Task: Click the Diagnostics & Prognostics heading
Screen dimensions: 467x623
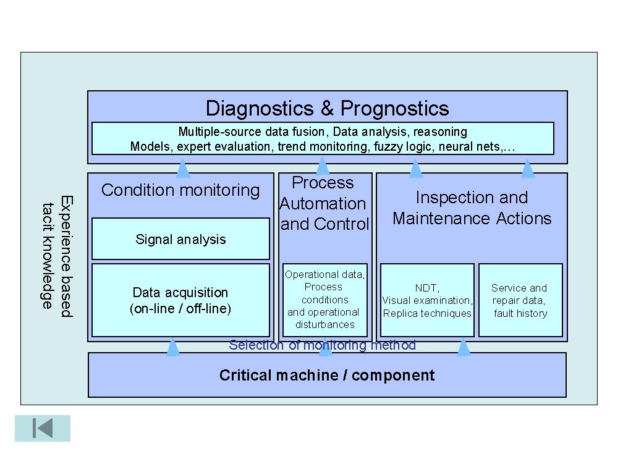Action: coord(327,109)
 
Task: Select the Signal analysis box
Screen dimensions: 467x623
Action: coord(180,240)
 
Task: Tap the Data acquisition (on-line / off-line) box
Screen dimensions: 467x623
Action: coord(180,300)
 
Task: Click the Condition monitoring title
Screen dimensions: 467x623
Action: coord(180,190)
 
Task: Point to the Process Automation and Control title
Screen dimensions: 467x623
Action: coord(324,203)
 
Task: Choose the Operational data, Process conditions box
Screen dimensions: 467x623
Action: coord(324,300)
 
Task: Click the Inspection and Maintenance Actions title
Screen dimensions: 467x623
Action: coord(472,208)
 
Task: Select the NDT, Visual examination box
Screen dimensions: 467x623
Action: coord(427,300)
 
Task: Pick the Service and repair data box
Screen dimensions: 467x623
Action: coord(520,300)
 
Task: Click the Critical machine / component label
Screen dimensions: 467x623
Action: coord(327,376)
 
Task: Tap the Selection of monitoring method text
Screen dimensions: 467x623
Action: coord(322,345)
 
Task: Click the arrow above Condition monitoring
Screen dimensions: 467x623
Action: coord(183,168)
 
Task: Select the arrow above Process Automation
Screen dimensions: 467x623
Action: coord(323,166)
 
